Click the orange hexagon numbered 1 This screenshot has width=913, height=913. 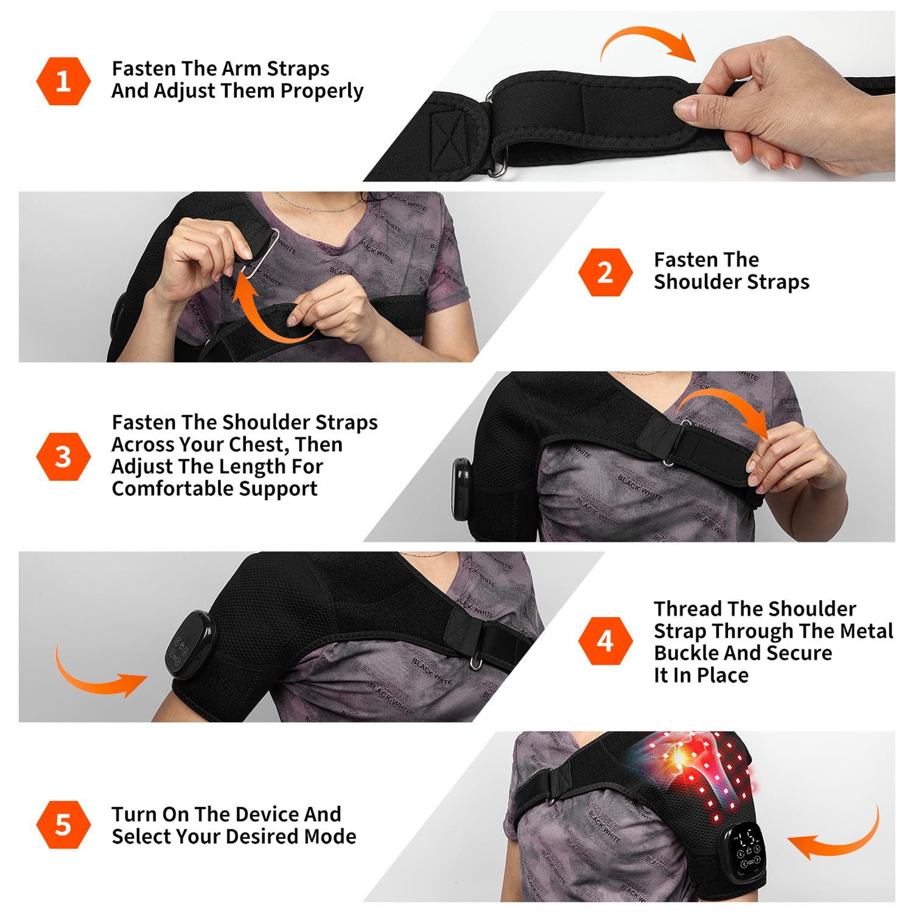(63, 81)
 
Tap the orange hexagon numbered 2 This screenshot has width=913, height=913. (605, 272)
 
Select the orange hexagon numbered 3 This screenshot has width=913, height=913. (63, 456)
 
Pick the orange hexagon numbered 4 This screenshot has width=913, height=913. (605, 641)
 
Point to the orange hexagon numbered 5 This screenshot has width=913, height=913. (63, 825)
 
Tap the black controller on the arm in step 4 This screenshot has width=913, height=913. (190, 646)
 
